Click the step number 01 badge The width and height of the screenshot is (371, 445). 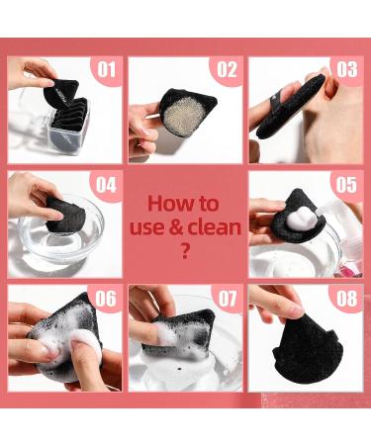pos(107,69)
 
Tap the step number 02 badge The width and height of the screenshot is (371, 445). pos(227,69)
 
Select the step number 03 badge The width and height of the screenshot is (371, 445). pos(347,69)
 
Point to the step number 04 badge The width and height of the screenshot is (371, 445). pos(106,185)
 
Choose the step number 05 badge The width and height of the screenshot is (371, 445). pos(346,185)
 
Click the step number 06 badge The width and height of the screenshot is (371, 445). pos(106,299)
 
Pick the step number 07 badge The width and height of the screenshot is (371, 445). pos(228,299)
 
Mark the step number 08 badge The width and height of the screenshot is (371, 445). pos(347,299)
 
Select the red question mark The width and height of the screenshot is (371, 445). pos(185,250)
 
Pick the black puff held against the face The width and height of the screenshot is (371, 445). pos(290,107)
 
